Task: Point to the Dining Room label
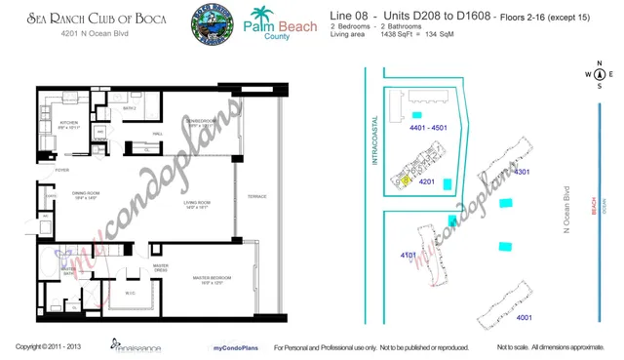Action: click(87, 194)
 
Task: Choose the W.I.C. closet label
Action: click(130, 293)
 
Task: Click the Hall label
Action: click(156, 134)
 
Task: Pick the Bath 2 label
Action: click(129, 109)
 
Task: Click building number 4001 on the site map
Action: click(524, 317)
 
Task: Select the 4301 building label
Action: click(521, 173)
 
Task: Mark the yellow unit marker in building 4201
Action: click(406, 180)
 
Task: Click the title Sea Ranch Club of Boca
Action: click(82, 19)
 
